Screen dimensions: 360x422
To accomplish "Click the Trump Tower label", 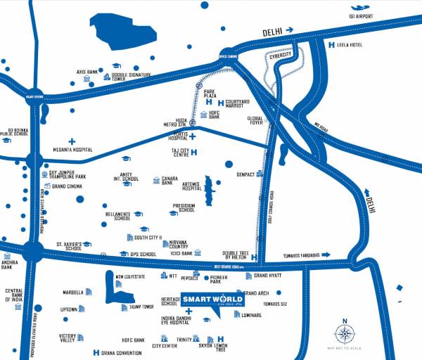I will [x=141, y=307].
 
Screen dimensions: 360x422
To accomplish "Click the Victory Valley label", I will [x=67, y=338].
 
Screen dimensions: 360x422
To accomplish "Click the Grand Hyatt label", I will [x=268, y=275].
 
